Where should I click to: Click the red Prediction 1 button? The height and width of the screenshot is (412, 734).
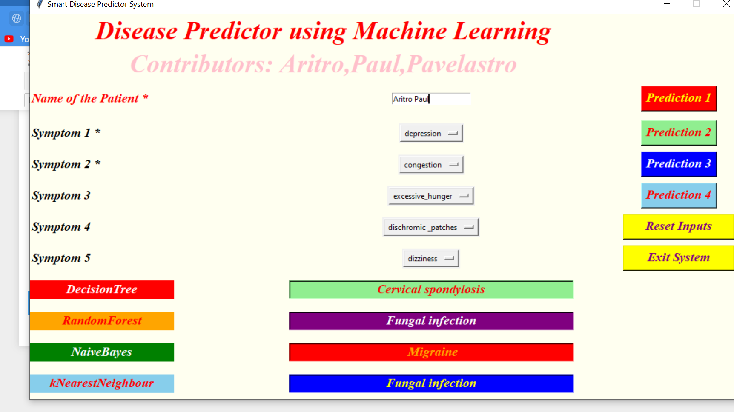[x=679, y=98]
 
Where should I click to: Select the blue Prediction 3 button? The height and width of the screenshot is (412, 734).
[x=679, y=164]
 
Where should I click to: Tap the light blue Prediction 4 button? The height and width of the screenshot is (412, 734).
[x=679, y=195]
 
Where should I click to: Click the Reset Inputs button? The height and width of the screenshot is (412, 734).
[x=678, y=226]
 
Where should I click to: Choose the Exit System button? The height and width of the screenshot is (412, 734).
[x=678, y=258]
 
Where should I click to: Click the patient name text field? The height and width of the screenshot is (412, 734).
[x=431, y=99]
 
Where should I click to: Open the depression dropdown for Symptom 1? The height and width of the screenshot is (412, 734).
[x=431, y=133]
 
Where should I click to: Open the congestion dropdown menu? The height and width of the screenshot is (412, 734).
[x=431, y=165]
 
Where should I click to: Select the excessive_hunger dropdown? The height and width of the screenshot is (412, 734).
[x=431, y=196]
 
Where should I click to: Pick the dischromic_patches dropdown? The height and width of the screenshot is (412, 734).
[x=431, y=227]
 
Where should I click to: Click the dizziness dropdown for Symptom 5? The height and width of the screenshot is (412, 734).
[x=431, y=258]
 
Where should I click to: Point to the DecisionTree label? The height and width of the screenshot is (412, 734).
[x=102, y=289]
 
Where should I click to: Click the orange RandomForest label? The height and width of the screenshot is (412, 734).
[x=102, y=321]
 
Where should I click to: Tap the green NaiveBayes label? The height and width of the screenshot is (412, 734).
[x=102, y=352]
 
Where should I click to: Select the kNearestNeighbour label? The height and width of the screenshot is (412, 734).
[x=102, y=383]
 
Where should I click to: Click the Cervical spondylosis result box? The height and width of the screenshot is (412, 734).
[x=431, y=289]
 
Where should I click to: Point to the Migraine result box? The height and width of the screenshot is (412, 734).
[x=431, y=352]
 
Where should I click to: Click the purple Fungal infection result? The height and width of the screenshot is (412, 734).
[x=431, y=321]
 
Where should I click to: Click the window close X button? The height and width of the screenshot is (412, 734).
[x=726, y=4]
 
